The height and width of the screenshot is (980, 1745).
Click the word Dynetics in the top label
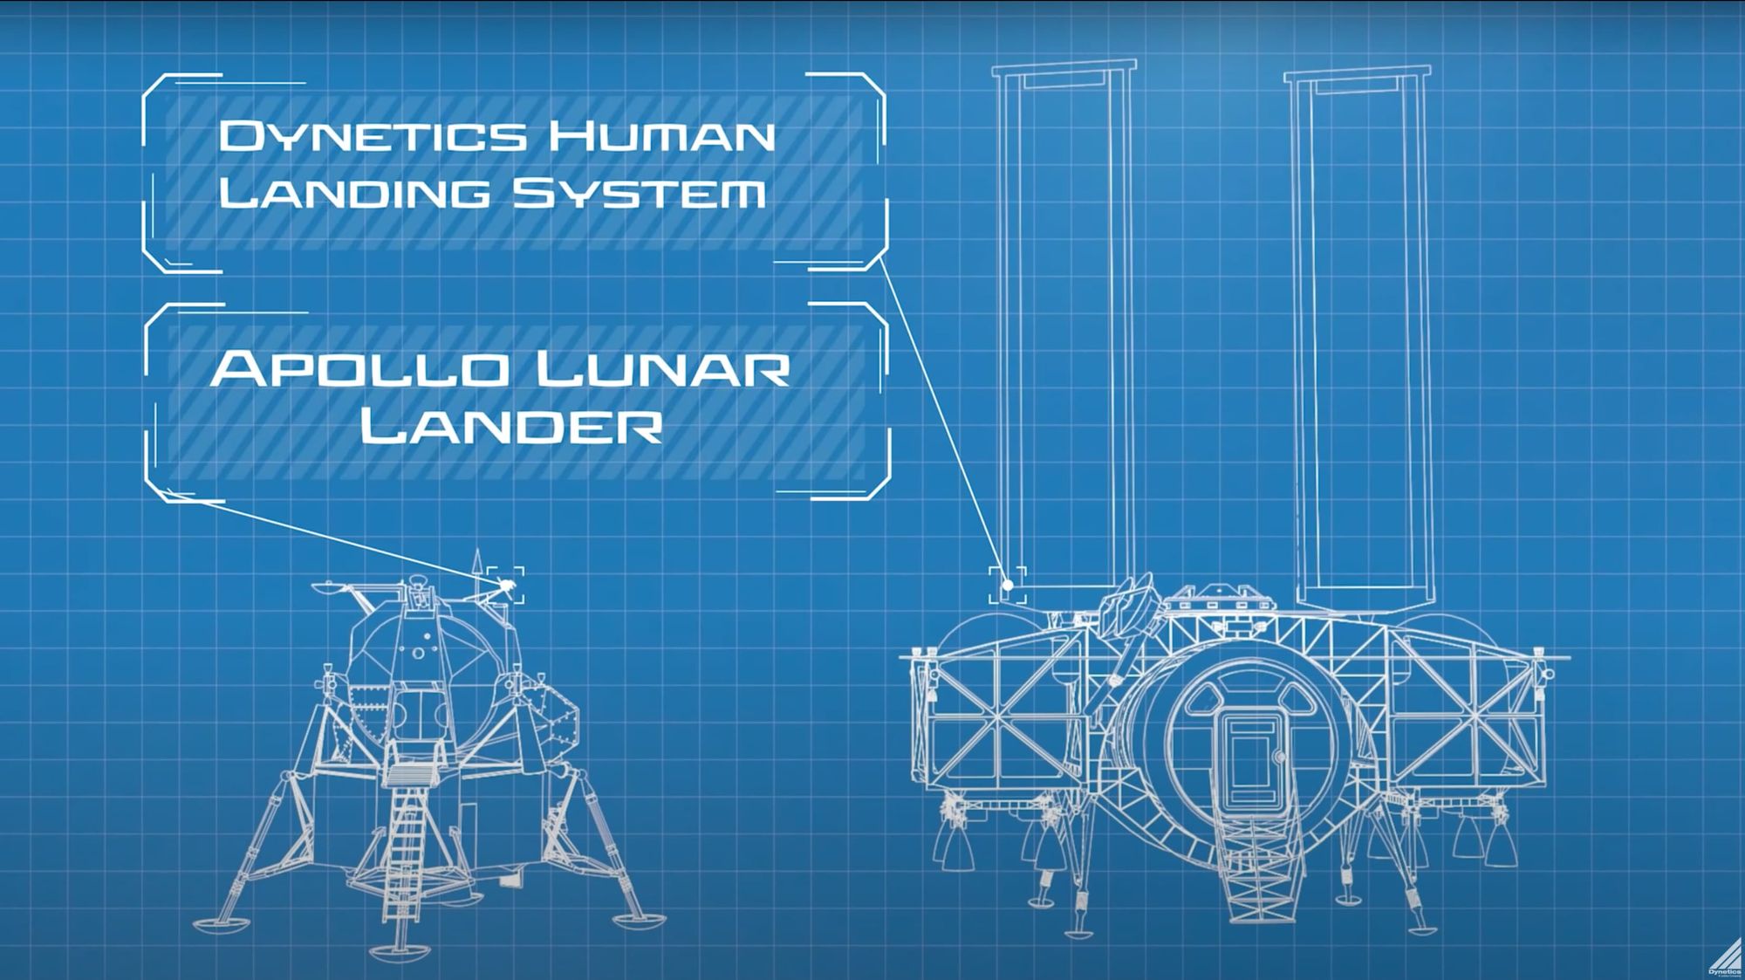(x=373, y=136)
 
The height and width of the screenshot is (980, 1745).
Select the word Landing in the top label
(x=353, y=192)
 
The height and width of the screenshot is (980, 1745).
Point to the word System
(x=638, y=192)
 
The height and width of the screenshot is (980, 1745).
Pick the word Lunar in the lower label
(x=663, y=369)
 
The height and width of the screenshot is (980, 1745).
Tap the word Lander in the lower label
(x=511, y=427)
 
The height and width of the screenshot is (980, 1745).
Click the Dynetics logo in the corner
(x=1724, y=957)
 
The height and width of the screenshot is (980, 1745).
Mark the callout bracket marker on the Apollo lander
(x=506, y=585)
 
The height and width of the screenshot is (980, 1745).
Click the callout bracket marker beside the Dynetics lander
(x=1008, y=585)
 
